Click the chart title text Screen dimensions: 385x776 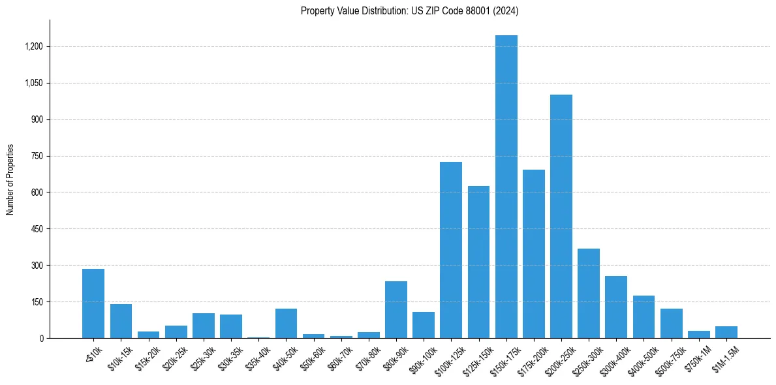point(409,10)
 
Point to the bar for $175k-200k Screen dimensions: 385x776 point(533,254)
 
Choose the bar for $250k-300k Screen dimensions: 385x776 point(589,294)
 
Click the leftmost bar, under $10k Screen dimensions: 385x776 point(93,303)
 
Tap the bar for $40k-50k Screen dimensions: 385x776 point(286,324)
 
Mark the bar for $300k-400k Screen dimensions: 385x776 point(616,307)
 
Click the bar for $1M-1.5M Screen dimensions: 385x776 point(726,332)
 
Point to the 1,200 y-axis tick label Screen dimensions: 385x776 point(34,47)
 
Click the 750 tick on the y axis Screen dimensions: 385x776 point(37,156)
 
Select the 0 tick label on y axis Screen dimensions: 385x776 point(40,339)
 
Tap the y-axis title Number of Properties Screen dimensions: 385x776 point(10,179)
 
